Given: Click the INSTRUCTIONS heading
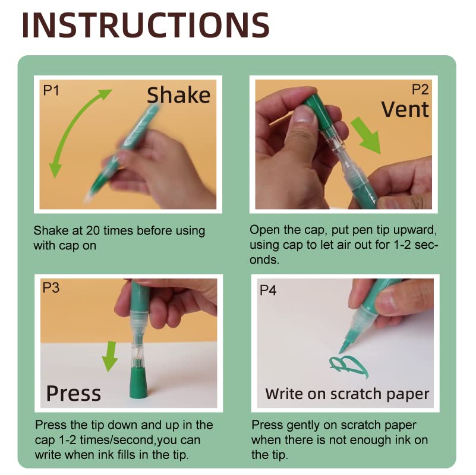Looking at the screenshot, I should click(146, 25).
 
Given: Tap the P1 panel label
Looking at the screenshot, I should click(52, 90).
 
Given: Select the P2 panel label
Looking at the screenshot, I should click(420, 90).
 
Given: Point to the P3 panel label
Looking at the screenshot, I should click(52, 289).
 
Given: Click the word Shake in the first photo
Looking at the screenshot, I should click(178, 95).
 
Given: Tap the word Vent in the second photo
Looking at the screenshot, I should click(405, 109).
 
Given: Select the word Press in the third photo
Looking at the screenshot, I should click(74, 393).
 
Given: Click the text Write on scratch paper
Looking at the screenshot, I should click(347, 394).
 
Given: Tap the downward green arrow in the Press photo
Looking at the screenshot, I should click(109, 354).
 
